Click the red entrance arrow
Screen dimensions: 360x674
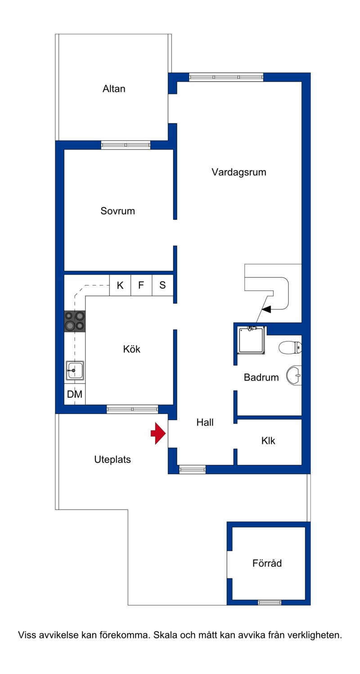coord(158,433)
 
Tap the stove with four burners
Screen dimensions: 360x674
coord(75,321)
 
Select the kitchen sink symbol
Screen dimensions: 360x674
coord(75,370)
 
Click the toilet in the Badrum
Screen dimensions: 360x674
coord(290,348)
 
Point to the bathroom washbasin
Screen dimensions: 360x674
coord(294,375)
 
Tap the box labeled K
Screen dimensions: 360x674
coord(120,285)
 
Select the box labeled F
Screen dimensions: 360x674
coord(141,285)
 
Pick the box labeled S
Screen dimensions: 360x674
coord(163,285)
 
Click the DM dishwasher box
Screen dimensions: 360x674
coord(75,394)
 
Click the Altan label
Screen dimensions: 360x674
coord(114,89)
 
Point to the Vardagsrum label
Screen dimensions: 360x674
coord(239,172)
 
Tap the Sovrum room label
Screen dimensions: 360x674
coord(117,211)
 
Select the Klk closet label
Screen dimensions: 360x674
coord(268,441)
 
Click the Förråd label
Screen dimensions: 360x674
coord(267,563)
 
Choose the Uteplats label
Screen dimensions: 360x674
coord(112,459)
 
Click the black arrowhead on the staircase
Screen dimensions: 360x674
coord(266,309)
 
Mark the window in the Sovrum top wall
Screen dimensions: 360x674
coord(126,145)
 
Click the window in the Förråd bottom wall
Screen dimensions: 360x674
coord(270,602)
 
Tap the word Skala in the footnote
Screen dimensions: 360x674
coord(166,635)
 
